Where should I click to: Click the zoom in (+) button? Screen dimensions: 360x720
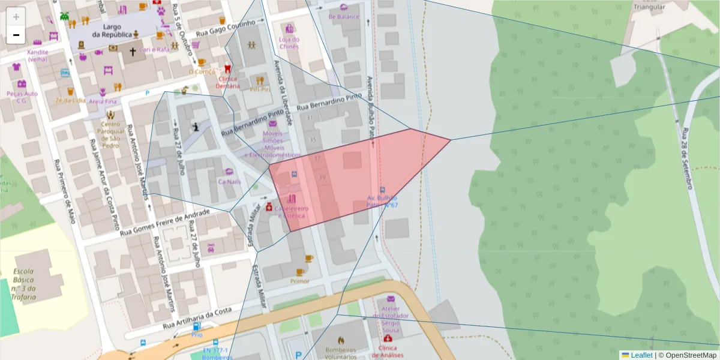pos(16,17)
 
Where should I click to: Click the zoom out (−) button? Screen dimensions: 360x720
pos(16,35)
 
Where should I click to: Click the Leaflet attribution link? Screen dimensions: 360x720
pos(641,355)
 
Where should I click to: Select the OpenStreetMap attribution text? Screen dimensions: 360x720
pos(687,355)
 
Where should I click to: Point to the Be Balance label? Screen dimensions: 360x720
pos(344,17)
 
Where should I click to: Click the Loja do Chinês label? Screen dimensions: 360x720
pos(289,43)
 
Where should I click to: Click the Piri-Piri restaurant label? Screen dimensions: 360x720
pos(260,89)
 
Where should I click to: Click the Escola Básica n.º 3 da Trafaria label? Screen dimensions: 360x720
pos(24,284)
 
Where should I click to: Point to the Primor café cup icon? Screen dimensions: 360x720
pos(309,259)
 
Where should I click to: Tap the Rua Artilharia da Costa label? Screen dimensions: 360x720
pos(197,319)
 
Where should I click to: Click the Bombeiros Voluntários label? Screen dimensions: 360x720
pos(340,353)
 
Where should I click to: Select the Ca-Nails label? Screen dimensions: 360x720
pos(229,181)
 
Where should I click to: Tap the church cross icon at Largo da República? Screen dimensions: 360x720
pos(133,52)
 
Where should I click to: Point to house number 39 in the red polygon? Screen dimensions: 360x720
pos(322,177)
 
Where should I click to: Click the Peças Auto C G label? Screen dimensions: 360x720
pos(22,97)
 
